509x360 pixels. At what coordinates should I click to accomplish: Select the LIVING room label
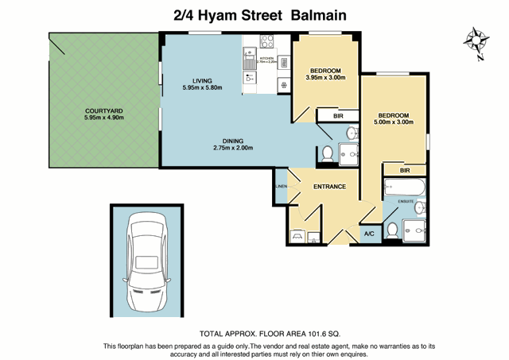click(x=202, y=79)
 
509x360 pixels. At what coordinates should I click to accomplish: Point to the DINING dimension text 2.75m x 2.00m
click(x=232, y=148)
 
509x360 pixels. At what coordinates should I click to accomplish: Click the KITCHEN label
click(x=267, y=58)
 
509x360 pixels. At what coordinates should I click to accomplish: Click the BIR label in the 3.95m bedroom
click(x=338, y=116)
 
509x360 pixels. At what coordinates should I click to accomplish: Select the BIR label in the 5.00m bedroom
click(x=405, y=170)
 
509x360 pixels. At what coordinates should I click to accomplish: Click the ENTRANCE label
click(x=329, y=187)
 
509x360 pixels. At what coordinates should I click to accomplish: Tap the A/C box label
click(x=369, y=234)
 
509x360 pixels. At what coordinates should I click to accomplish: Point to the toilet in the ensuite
click(x=391, y=230)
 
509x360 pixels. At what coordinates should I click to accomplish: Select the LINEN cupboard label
click(x=281, y=186)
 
